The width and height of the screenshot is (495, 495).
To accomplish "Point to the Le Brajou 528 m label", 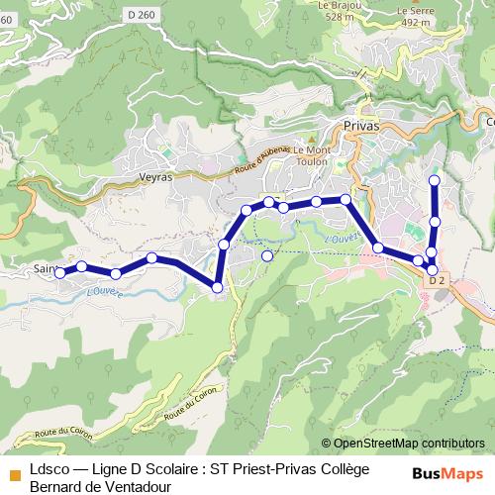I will [337, 11].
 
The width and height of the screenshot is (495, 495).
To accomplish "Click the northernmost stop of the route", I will [434, 180].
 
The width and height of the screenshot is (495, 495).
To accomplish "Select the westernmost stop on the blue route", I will [59, 271].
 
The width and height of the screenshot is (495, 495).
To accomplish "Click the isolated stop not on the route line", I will [266, 255].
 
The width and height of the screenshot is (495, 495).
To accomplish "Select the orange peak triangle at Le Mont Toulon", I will [310, 139].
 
